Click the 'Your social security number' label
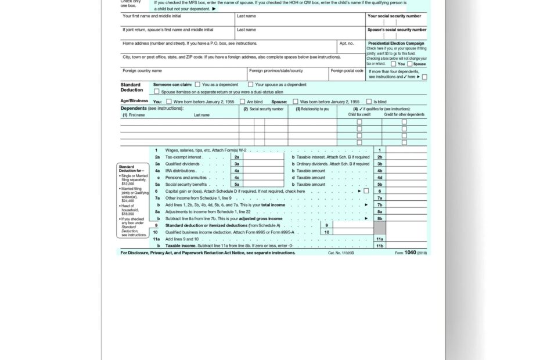click(x=394, y=16)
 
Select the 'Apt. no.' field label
click(x=347, y=44)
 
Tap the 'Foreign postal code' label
click(x=347, y=71)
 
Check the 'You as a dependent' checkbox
click(x=197, y=84)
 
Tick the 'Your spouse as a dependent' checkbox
click(x=250, y=84)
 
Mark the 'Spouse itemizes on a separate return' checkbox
click(x=156, y=92)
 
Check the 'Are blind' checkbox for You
click(x=242, y=102)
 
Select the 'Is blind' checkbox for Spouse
click(x=369, y=102)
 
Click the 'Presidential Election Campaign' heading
click(x=396, y=44)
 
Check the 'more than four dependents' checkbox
click(x=424, y=77)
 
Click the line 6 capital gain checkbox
click(x=366, y=191)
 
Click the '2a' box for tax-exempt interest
click(x=236, y=157)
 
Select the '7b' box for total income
click(x=379, y=205)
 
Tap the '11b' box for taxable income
click(x=379, y=246)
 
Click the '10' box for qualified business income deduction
click(x=327, y=232)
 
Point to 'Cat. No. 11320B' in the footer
click(x=341, y=253)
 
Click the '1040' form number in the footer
click(x=410, y=253)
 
